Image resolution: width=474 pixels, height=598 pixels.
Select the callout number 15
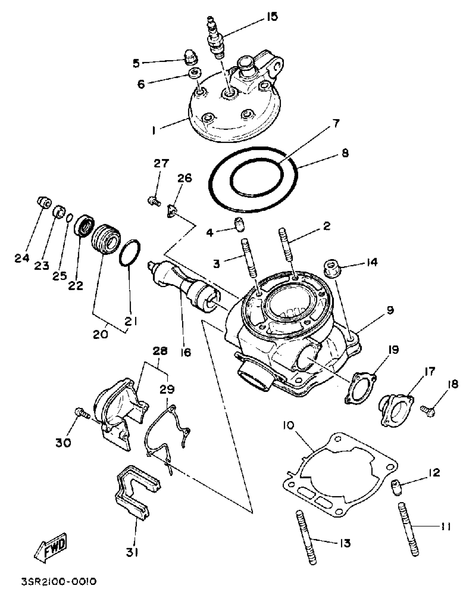(x=272, y=17)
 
